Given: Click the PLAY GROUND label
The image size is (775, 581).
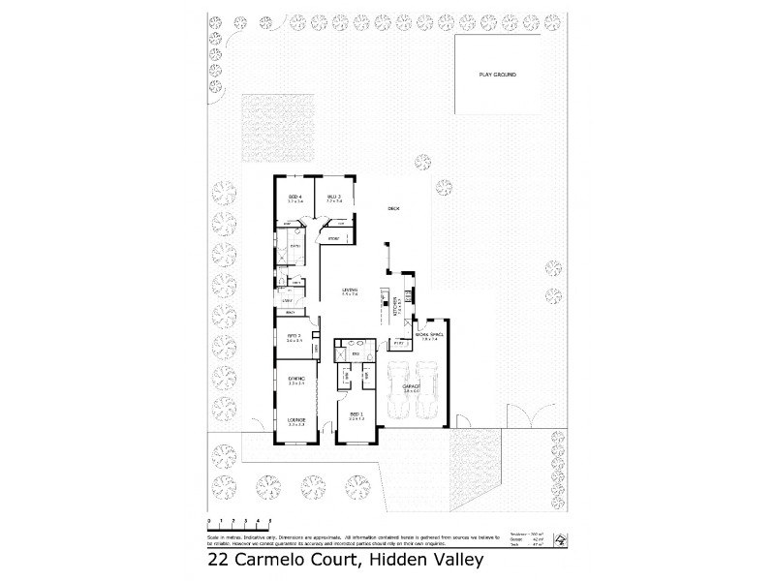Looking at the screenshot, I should tap(498, 74).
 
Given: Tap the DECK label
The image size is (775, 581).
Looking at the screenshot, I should tap(393, 208).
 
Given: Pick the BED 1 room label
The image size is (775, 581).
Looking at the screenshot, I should tap(356, 414).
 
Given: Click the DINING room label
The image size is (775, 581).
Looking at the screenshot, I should tap(296, 378).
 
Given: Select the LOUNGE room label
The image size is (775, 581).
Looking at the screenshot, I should tap(296, 419).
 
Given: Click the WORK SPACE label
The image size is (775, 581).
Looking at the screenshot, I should tap(428, 335).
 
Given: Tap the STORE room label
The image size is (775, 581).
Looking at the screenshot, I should tap(333, 237).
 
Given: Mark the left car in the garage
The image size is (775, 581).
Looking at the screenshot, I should tap(396, 386).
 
